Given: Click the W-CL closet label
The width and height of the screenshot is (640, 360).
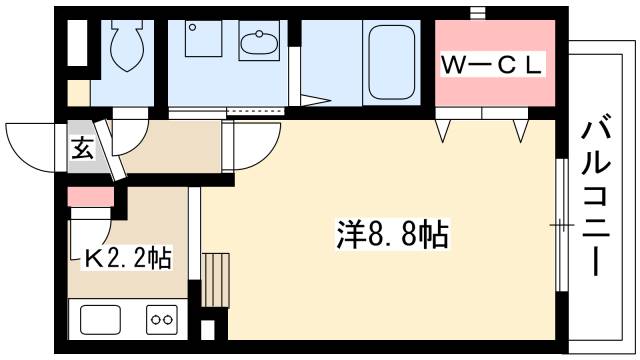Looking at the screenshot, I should tap(493, 66).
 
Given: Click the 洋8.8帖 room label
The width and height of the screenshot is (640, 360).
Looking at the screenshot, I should tap(390, 237).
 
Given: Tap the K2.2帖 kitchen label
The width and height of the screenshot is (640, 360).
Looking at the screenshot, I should tap(126, 259).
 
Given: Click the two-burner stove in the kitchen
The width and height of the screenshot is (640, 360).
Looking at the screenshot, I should tap(161, 320).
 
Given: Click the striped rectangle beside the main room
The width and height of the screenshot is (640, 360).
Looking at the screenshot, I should tap(215, 278).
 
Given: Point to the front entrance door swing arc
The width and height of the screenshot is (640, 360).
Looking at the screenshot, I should tap(30, 140).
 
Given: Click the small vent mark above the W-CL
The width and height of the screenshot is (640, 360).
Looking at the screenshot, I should tap(477, 12).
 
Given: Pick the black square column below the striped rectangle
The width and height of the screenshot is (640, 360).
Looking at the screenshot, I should tap(207, 329).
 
